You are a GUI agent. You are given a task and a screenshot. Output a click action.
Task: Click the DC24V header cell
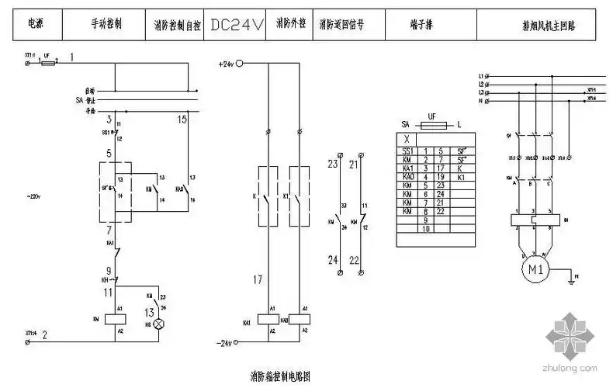tap(237, 25)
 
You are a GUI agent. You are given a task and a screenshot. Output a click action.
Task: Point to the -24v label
tap(226, 342)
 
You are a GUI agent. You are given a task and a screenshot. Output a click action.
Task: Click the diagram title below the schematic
tap(280, 377)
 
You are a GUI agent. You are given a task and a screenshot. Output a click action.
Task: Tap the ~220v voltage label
tap(33, 196)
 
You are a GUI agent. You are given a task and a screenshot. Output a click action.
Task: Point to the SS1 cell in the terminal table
tap(407, 151)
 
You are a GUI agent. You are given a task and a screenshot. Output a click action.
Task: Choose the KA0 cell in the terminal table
tap(407, 177)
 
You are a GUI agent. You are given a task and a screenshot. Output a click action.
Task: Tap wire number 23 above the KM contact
tap(333, 164)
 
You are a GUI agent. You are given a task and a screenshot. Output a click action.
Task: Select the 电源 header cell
tap(35, 25)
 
